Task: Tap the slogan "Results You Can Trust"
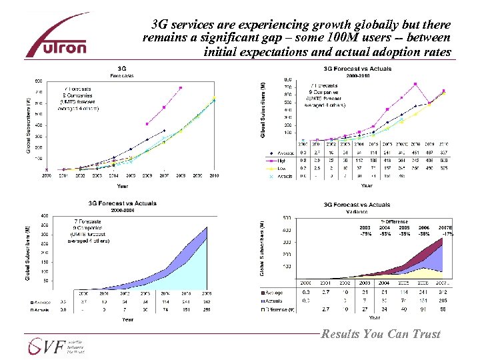tap(381, 334)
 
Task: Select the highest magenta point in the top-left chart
tap(180, 88)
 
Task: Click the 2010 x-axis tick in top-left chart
tap(213, 176)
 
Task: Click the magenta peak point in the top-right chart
tap(415, 84)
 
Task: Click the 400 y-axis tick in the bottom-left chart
tap(43, 215)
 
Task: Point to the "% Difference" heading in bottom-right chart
tap(394, 221)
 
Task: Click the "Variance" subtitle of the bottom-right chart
tap(356, 211)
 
